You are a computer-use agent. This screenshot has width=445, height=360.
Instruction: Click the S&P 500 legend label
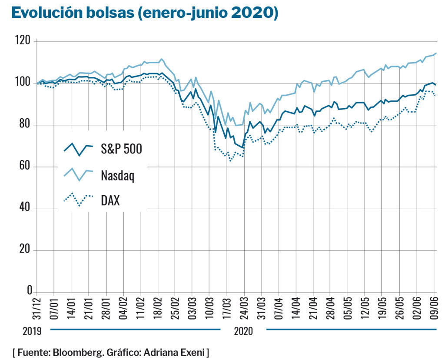tap(122, 149)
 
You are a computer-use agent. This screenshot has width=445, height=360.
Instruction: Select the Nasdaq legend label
tap(117, 176)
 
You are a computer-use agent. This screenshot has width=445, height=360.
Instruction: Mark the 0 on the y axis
tap(30, 290)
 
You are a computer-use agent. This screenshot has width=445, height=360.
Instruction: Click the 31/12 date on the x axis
tap(37, 309)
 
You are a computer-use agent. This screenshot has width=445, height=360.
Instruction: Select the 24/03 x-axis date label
tap(244, 309)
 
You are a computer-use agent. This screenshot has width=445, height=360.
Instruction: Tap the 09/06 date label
tap(434, 309)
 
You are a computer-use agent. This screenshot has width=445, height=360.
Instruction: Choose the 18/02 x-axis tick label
tap(158, 309)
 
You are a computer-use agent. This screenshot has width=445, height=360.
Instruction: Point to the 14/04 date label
tap(296, 309)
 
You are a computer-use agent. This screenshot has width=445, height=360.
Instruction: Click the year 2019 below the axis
tap(32, 331)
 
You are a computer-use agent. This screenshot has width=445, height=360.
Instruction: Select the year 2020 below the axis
tap(243, 331)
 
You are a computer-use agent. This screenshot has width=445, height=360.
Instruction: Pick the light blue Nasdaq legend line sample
tap(78, 174)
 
